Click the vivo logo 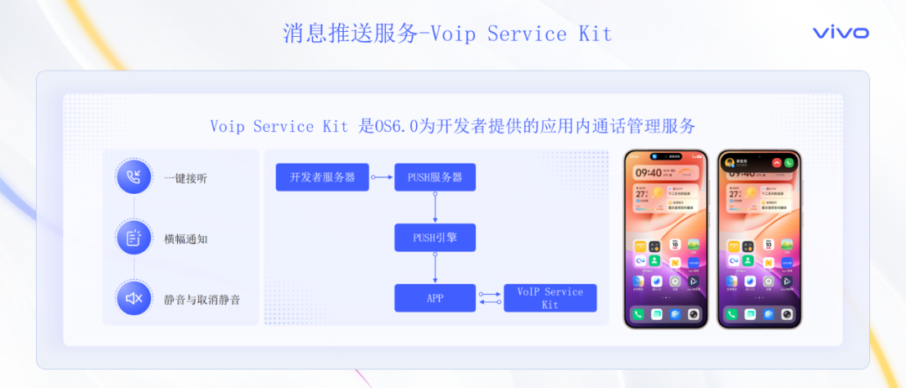(x=841, y=33)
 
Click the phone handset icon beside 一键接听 (x=134, y=176)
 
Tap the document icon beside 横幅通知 (x=134, y=239)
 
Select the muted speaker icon (x=134, y=298)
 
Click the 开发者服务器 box (x=322, y=177)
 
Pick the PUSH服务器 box (x=435, y=177)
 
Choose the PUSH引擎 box (x=435, y=238)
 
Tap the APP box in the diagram (x=435, y=298)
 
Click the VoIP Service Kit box (x=549, y=298)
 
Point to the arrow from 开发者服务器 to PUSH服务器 (x=382, y=177)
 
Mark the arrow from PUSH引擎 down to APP (x=435, y=268)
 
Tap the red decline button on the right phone (x=777, y=162)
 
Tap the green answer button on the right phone (x=789, y=162)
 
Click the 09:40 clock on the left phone (x=648, y=173)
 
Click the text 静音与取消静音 (x=201, y=299)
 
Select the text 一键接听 (x=185, y=177)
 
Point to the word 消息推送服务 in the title (x=350, y=34)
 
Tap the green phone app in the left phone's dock (x=639, y=314)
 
